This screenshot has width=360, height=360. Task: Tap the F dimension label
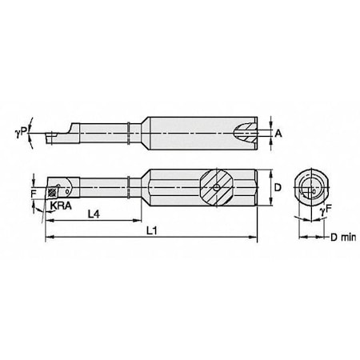[x=34, y=192]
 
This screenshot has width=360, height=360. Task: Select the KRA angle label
[x=59, y=206]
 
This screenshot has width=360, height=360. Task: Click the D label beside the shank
[x=277, y=186]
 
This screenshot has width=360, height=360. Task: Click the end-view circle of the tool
[x=309, y=188]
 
